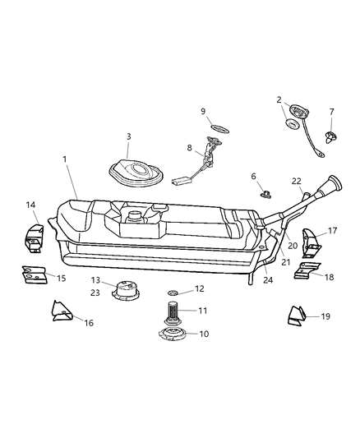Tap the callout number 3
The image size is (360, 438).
[x=129, y=136]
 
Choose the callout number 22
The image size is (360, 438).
[x=297, y=182]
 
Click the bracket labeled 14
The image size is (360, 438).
[x=35, y=233]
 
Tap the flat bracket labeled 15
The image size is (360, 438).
[x=34, y=274]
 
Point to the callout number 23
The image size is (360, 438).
[x=96, y=292]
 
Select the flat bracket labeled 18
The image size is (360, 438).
[x=307, y=272]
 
